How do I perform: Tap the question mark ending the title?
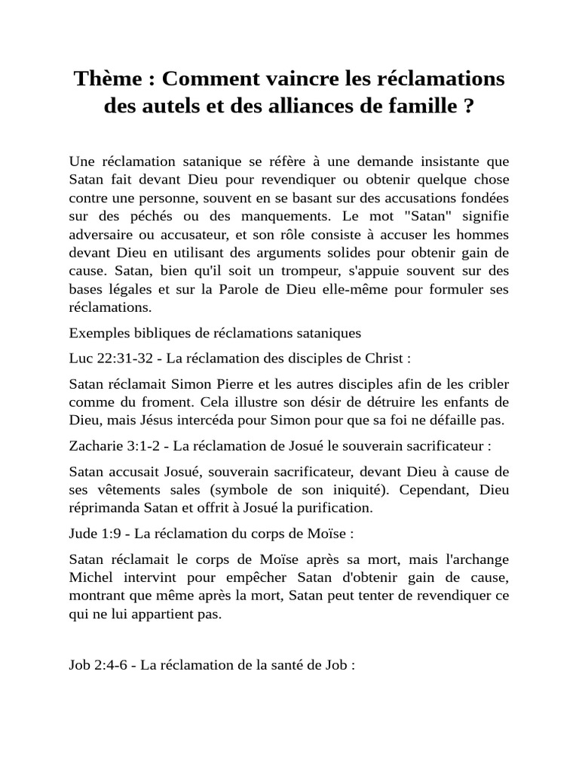point(468,107)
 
